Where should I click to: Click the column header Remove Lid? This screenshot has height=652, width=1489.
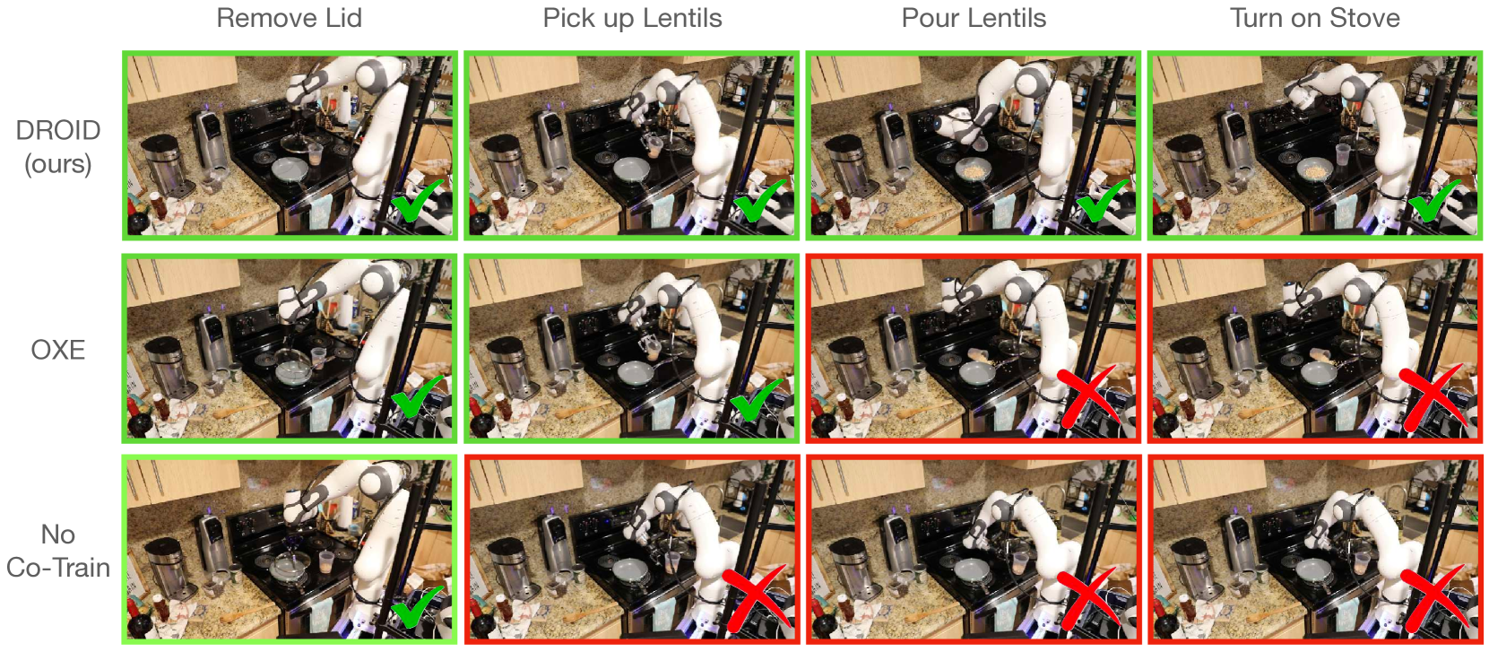click(290, 18)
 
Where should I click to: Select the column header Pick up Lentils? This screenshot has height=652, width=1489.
click(632, 19)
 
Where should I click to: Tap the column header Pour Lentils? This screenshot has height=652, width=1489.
click(974, 18)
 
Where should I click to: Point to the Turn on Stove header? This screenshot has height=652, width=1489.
click(1315, 18)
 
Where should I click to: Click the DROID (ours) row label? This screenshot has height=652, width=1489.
click(58, 147)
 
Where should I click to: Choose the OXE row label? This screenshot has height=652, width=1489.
click(58, 350)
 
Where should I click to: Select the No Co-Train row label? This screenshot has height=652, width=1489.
click(58, 551)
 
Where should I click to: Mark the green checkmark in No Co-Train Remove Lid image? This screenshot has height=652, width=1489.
click(418, 605)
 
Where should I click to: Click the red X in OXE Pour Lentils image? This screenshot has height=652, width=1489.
click(1089, 398)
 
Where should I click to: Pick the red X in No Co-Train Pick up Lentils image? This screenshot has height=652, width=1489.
click(757, 599)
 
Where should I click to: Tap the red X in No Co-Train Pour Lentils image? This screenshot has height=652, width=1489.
click(1090, 599)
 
